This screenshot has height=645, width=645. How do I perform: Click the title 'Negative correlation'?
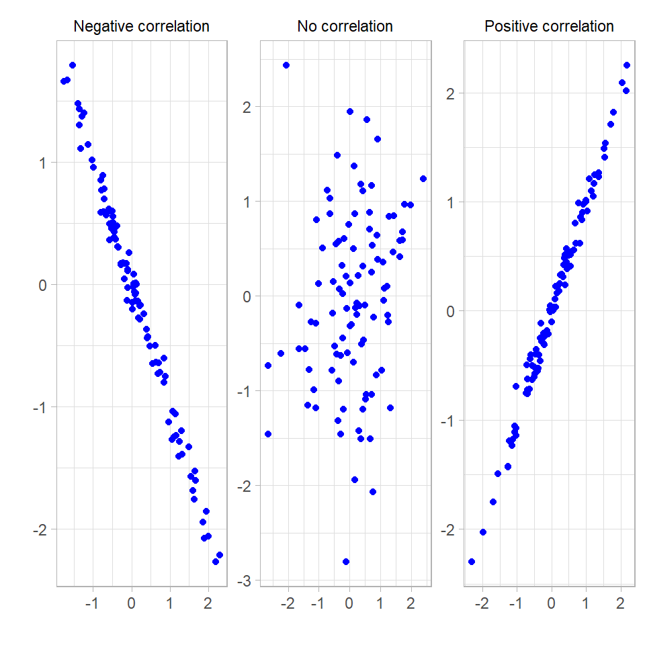tap(141, 27)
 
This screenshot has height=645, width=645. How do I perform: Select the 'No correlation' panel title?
tap(345, 27)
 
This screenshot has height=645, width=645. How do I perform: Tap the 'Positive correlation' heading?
tap(549, 27)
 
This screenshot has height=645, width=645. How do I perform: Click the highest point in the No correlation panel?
tap(286, 65)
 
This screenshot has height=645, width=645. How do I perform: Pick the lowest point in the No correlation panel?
tap(346, 562)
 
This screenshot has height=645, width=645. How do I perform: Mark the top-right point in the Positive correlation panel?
tap(627, 65)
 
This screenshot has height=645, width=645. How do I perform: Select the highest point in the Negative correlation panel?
tap(73, 65)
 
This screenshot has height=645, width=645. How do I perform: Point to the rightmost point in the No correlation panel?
tap(423, 179)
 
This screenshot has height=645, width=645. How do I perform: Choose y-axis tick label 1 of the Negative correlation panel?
tap(44, 163)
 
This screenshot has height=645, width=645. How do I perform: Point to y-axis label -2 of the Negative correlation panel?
tap(40, 529)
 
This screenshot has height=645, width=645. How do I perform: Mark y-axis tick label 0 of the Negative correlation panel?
tap(44, 285)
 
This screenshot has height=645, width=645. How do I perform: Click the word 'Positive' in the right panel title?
tap(509, 27)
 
